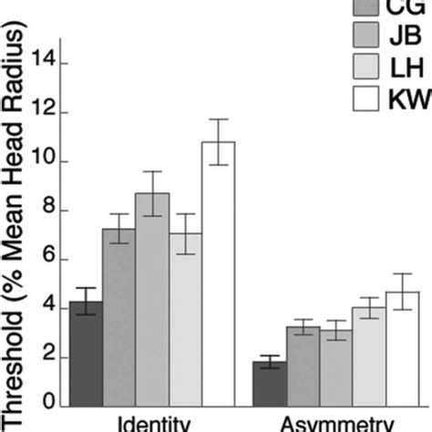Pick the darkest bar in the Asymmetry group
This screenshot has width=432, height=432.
(269, 384)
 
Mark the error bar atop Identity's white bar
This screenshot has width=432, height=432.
(218, 141)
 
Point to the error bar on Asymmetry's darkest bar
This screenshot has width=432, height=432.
(269, 362)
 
